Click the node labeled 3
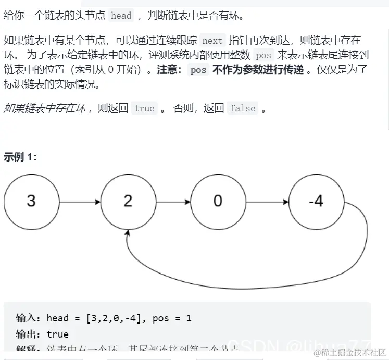tap(31, 201)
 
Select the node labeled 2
tap(128, 201)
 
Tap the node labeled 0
tap(218, 201)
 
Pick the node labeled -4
tap(316, 201)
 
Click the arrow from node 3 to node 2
tap(79, 201)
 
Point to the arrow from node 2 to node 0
tap(173, 201)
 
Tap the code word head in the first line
tap(121, 16)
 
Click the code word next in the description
tap(212, 41)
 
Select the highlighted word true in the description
tap(144, 108)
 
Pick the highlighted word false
tap(243, 108)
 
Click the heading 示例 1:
tap(20, 156)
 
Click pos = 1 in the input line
tap(172, 318)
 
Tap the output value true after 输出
tap(57, 334)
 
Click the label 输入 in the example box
tap(27, 318)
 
